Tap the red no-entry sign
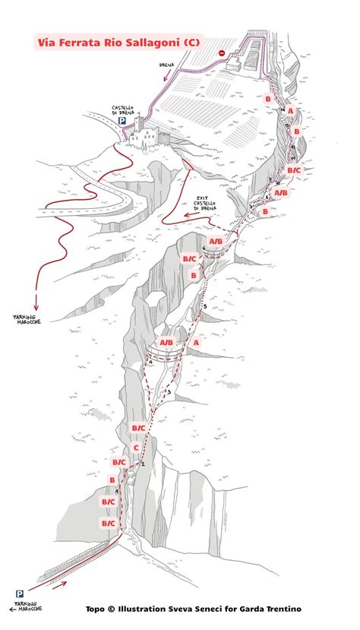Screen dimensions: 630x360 (221, 53)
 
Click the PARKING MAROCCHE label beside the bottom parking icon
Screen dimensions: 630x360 (27, 606)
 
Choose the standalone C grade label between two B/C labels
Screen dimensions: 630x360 (136, 448)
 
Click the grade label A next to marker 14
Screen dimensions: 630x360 (290, 112)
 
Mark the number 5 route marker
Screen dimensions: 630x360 (204, 306)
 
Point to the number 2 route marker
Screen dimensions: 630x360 (141, 463)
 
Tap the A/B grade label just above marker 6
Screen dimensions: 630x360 (216, 242)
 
